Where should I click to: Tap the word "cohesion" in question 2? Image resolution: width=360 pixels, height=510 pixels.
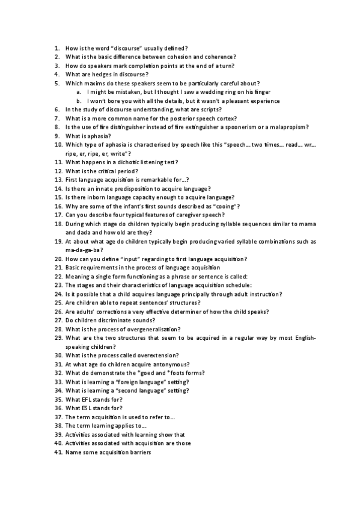(x=183, y=57)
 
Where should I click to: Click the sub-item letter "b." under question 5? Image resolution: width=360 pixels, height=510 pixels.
(x=80, y=100)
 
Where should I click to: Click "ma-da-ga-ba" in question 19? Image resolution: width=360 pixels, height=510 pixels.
(x=84, y=250)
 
